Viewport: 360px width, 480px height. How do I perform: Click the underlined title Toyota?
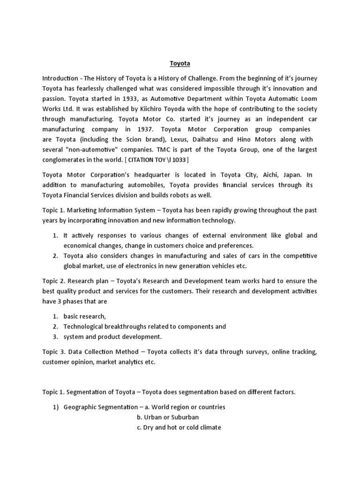[180, 63]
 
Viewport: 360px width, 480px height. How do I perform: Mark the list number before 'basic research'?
[55, 316]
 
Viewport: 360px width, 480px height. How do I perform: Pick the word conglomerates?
[65, 160]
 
